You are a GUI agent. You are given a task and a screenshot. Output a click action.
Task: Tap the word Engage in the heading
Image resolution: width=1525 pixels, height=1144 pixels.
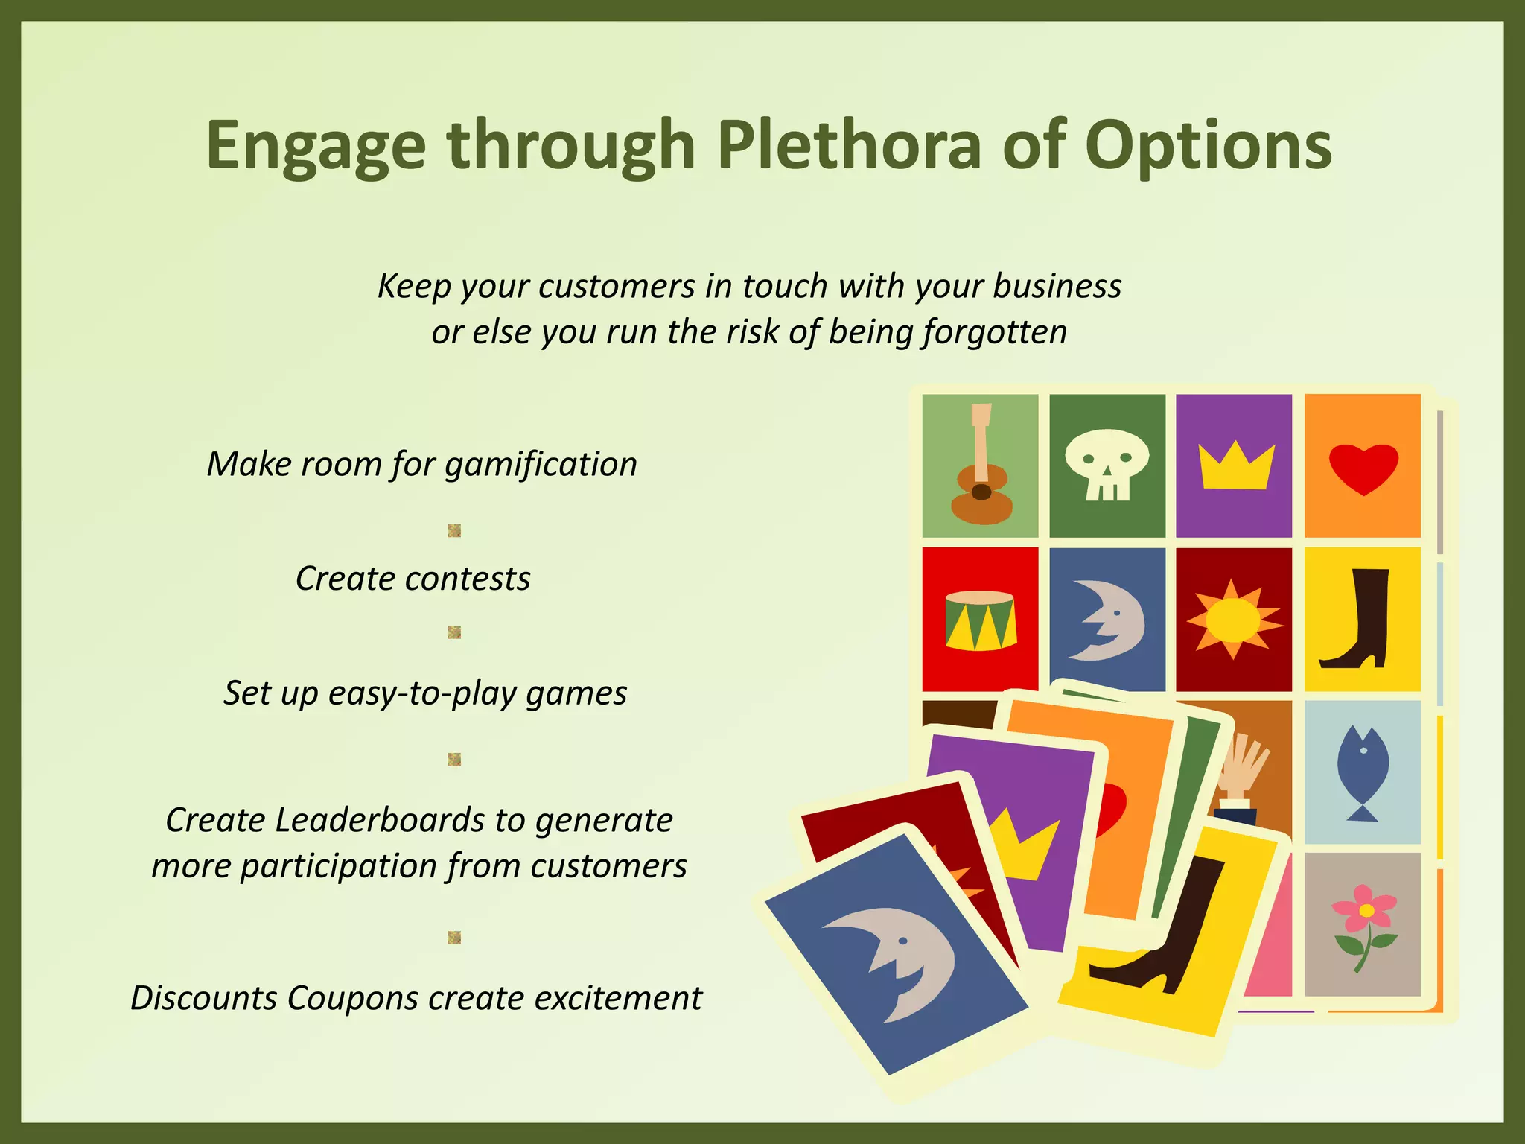click(x=316, y=147)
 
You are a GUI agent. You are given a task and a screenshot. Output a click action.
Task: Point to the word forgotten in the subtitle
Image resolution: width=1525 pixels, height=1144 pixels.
click(x=995, y=332)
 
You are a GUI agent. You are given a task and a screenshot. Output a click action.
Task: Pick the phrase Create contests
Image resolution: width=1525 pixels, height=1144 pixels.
click(x=413, y=579)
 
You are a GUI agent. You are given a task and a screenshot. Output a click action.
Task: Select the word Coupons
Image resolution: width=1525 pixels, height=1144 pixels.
click(x=352, y=998)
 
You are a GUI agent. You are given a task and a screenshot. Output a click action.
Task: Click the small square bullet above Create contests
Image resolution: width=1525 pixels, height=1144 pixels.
click(x=454, y=530)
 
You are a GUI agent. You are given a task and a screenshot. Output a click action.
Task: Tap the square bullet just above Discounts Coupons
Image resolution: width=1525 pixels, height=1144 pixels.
click(x=454, y=937)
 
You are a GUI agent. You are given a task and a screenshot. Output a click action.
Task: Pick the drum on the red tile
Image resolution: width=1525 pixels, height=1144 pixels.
click(x=980, y=620)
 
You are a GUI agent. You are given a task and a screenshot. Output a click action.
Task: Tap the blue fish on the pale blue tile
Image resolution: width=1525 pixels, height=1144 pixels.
click(x=1362, y=772)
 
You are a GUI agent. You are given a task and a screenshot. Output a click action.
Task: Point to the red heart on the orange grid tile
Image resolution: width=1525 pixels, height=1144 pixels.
click(x=1363, y=468)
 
